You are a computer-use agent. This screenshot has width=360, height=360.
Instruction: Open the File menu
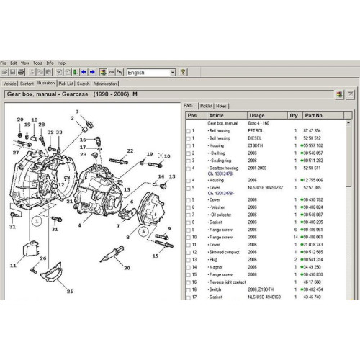[x=4, y=63]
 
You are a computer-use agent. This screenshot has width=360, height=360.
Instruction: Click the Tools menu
[x=37, y=63]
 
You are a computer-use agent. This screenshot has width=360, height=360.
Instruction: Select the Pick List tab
[x=66, y=84]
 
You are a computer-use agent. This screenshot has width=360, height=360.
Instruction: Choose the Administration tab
[x=105, y=84]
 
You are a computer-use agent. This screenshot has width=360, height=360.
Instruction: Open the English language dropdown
[x=173, y=73]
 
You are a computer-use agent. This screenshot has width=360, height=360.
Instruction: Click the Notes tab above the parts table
[x=221, y=105]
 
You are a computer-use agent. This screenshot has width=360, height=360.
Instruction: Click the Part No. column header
[x=315, y=114]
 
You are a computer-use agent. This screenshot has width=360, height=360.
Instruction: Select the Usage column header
[x=257, y=114]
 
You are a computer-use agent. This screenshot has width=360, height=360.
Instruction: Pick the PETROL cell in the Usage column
[x=256, y=130]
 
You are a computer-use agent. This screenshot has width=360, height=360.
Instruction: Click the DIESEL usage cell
[x=256, y=137]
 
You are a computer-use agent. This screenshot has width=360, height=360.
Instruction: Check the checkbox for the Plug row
[x=189, y=260]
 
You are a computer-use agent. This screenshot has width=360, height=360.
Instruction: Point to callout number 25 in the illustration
[x=70, y=292]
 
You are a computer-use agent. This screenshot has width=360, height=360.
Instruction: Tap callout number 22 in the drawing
[x=130, y=150]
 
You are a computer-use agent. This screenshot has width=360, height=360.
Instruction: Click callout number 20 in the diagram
[x=20, y=120]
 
